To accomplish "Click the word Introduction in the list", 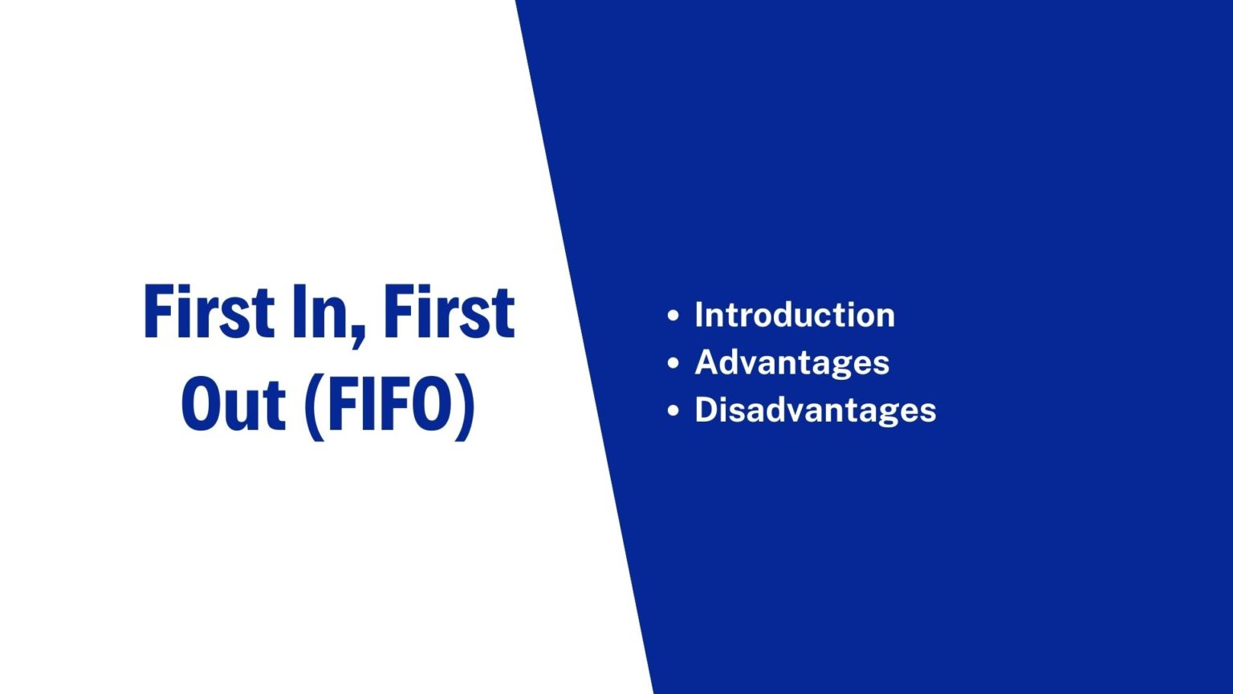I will pos(794,315).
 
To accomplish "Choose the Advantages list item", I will pos(791,362).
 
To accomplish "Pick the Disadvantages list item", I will pos(815,410).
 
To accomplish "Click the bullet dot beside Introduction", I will pos(673,316).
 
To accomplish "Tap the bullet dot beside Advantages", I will pos(673,363).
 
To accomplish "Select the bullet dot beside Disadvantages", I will pos(673,410).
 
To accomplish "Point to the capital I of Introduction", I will pos(699,315).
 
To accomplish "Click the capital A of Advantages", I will pos(706,362).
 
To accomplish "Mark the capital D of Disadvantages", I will pos(706,410).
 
